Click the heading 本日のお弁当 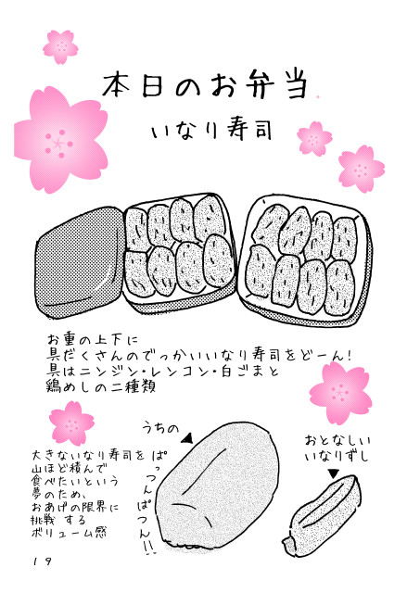click(x=205, y=85)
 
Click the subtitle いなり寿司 click(x=212, y=131)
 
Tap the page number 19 click(x=43, y=561)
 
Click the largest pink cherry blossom click(x=60, y=140)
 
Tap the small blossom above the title click(x=60, y=47)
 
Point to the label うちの click(x=160, y=428)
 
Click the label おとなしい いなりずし click(x=337, y=448)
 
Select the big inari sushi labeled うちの click(x=219, y=486)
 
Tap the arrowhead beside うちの click(x=187, y=438)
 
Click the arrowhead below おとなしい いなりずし click(x=334, y=473)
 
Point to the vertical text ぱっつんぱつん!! click(x=147, y=503)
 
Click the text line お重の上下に click(x=93, y=339)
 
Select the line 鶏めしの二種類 click(x=101, y=386)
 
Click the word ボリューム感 click(x=69, y=533)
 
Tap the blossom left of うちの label click(x=72, y=423)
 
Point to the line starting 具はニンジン click(x=162, y=371)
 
